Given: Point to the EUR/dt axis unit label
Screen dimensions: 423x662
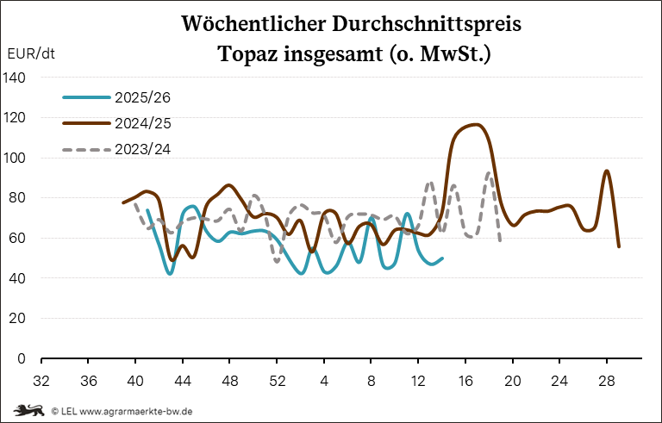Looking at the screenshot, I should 30,54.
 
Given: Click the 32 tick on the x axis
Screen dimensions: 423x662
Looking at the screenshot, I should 41,380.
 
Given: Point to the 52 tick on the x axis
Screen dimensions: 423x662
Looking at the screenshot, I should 277,380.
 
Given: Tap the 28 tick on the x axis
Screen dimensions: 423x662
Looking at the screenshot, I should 607,380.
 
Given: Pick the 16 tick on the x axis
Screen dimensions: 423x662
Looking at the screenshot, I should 465,380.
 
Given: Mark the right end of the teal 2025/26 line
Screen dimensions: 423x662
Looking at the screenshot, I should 442,258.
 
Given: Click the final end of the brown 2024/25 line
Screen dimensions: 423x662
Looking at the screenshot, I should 619,246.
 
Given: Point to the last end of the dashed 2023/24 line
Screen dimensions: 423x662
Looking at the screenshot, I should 501,240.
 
